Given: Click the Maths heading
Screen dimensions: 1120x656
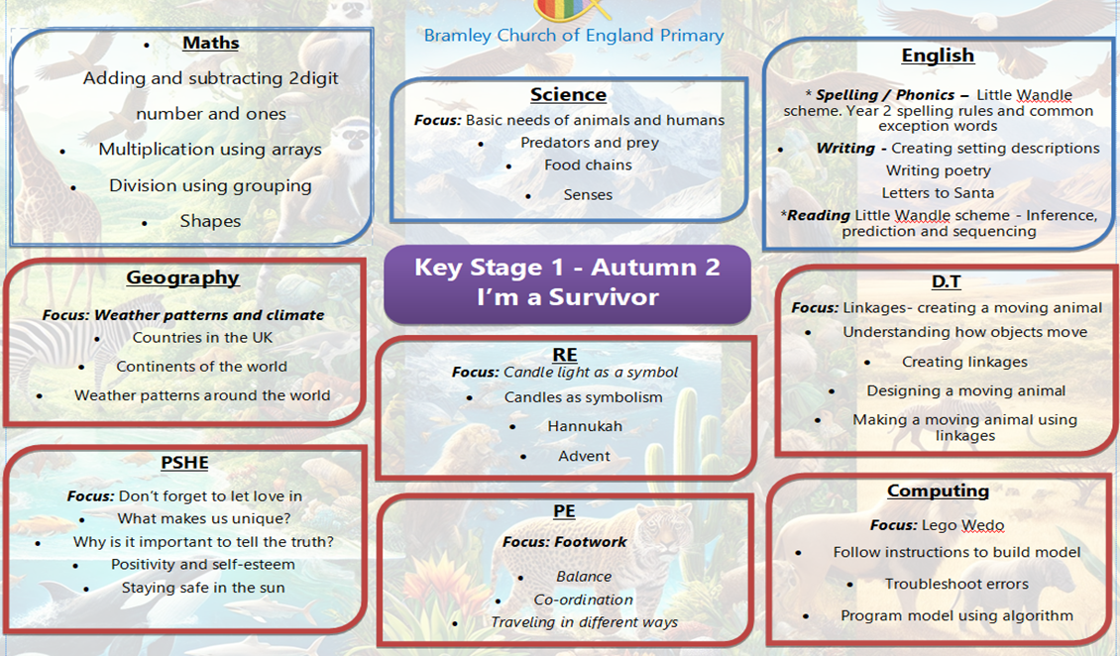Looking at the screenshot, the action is pyautogui.click(x=211, y=43).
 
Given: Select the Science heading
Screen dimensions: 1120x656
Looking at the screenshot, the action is pyautogui.click(x=568, y=94).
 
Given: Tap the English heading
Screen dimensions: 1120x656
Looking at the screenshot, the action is pyautogui.click(x=938, y=55).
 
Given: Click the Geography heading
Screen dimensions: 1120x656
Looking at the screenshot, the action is pyautogui.click(x=182, y=277).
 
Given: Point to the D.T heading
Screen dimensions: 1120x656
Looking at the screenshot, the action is pyautogui.click(x=946, y=281).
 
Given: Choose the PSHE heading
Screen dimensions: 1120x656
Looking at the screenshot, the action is pyautogui.click(x=184, y=463).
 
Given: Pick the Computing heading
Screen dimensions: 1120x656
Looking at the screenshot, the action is pyautogui.click(x=938, y=492).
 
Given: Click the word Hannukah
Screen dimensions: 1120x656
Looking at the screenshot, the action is pyautogui.click(x=585, y=426).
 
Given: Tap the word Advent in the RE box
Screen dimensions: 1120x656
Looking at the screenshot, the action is pyautogui.click(x=585, y=456).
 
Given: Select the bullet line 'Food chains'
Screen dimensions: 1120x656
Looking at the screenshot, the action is pyautogui.click(x=588, y=164).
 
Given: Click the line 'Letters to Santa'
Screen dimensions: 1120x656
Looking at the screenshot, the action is pyautogui.click(x=938, y=192).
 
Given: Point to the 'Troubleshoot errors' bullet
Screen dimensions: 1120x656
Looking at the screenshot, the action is pyautogui.click(x=956, y=584).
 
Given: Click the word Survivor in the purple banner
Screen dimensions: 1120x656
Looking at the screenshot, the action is pyautogui.click(x=603, y=297).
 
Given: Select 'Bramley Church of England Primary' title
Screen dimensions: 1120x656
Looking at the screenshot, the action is pyautogui.click(x=574, y=36).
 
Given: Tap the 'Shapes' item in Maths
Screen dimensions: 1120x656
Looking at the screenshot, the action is pyautogui.click(x=210, y=221).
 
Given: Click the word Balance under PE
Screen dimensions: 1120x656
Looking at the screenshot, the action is pyautogui.click(x=584, y=577).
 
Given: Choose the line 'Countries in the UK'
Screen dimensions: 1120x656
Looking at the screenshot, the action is pyautogui.click(x=202, y=338).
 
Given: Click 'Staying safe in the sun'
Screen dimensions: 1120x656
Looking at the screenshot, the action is pyautogui.click(x=203, y=589).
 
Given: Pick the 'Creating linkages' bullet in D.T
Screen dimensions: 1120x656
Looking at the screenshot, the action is pyautogui.click(x=964, y=362).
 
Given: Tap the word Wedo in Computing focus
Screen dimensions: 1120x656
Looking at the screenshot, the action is pyautogui.click(x=983, y=525).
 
